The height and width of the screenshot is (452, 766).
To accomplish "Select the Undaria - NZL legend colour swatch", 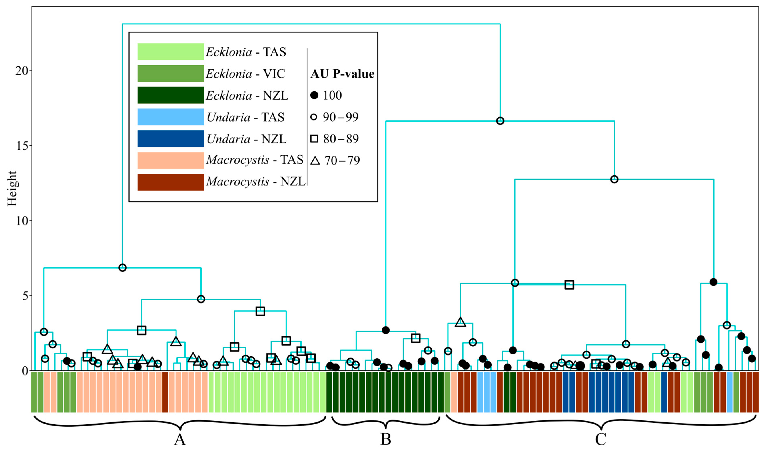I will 170,139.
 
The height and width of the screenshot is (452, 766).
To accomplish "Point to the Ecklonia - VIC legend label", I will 245,74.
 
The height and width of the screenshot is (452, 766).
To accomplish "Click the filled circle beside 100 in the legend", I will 314,95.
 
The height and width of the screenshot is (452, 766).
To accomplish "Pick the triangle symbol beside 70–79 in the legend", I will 315,160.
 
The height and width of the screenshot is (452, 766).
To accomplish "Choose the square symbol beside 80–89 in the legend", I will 314,139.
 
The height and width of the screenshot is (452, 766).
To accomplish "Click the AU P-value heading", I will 342,74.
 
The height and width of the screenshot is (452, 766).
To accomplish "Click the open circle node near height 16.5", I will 500,121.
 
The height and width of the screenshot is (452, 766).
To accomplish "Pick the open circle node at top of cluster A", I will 122,268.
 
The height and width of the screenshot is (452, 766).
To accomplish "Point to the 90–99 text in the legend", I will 341,117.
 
